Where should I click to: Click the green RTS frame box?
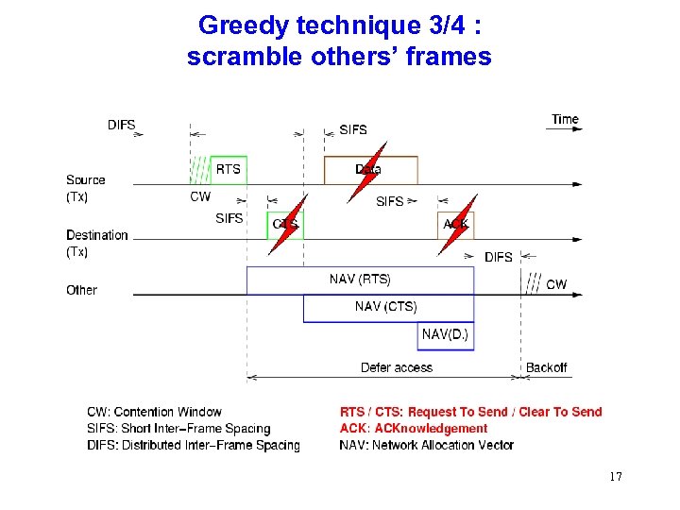click(x=229, y=169)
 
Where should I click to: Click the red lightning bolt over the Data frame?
click(x=366, y=173)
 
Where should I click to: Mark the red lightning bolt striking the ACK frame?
click(x=457, y=225)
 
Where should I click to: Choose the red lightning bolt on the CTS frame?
click(x=287, y=225)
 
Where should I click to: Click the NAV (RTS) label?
click(x=360, y=279)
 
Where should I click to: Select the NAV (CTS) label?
click(x=385, y=306)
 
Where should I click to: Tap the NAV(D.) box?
click(x=445, y=334)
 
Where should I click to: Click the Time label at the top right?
click(x=565, y=120)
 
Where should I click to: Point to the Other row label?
click(x=81, y=290)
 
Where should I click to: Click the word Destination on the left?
click(x=96, y=235)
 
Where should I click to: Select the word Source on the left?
click(x=86, y=179)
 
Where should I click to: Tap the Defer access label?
click(x=397, y=367)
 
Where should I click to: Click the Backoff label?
click(x=547, y=367)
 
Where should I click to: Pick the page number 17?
click(x=616, y=476)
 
